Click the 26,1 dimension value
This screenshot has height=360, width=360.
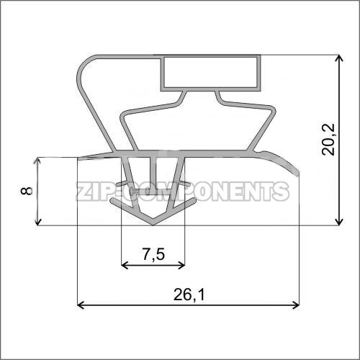[189, 294]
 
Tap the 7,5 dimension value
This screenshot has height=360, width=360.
[153, 254]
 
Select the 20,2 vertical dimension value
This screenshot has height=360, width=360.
[328, 140]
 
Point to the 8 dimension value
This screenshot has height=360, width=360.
[27, 191]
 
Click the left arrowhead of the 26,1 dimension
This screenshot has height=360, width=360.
[80, 305]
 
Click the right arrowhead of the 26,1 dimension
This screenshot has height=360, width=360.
[296, 305]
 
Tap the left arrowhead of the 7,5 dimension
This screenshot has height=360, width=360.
[125, 265]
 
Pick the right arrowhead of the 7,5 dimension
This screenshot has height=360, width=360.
[181, 265]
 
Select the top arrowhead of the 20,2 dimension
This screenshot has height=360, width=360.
[338, 58]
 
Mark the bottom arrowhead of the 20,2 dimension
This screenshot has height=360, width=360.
[338, 222]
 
